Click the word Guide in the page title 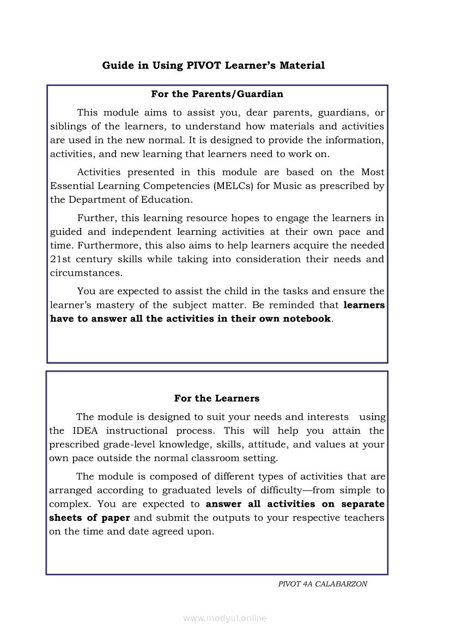[x=118, y=65]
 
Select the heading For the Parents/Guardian [x=217, y=94]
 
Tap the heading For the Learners [x=217, y=398]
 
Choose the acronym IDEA [x=85, y=430]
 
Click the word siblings [x=69, y=126]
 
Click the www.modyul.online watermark [x=225, y=618]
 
